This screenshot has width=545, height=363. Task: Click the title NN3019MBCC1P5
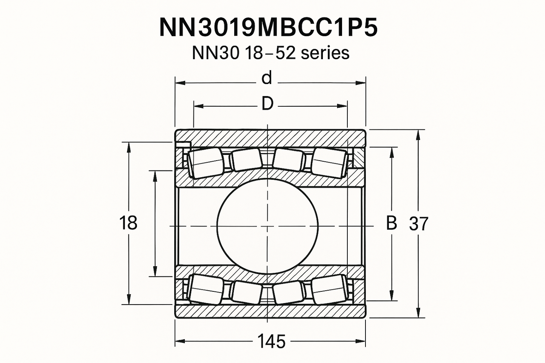269,27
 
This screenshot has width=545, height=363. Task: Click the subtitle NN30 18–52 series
270,53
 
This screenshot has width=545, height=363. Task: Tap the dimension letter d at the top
267,78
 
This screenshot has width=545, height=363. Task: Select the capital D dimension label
267,104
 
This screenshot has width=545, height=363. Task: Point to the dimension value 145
271,342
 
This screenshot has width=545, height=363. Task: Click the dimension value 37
419,224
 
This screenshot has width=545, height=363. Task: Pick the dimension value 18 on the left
128,223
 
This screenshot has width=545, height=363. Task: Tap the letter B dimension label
391,223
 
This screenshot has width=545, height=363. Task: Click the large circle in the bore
267,226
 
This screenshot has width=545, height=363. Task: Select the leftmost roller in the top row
206,163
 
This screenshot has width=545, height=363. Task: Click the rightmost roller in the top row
329,163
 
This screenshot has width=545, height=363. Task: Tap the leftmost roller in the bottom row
206,289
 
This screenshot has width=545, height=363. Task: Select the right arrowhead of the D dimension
342,106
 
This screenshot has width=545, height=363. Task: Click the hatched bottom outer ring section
270,311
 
